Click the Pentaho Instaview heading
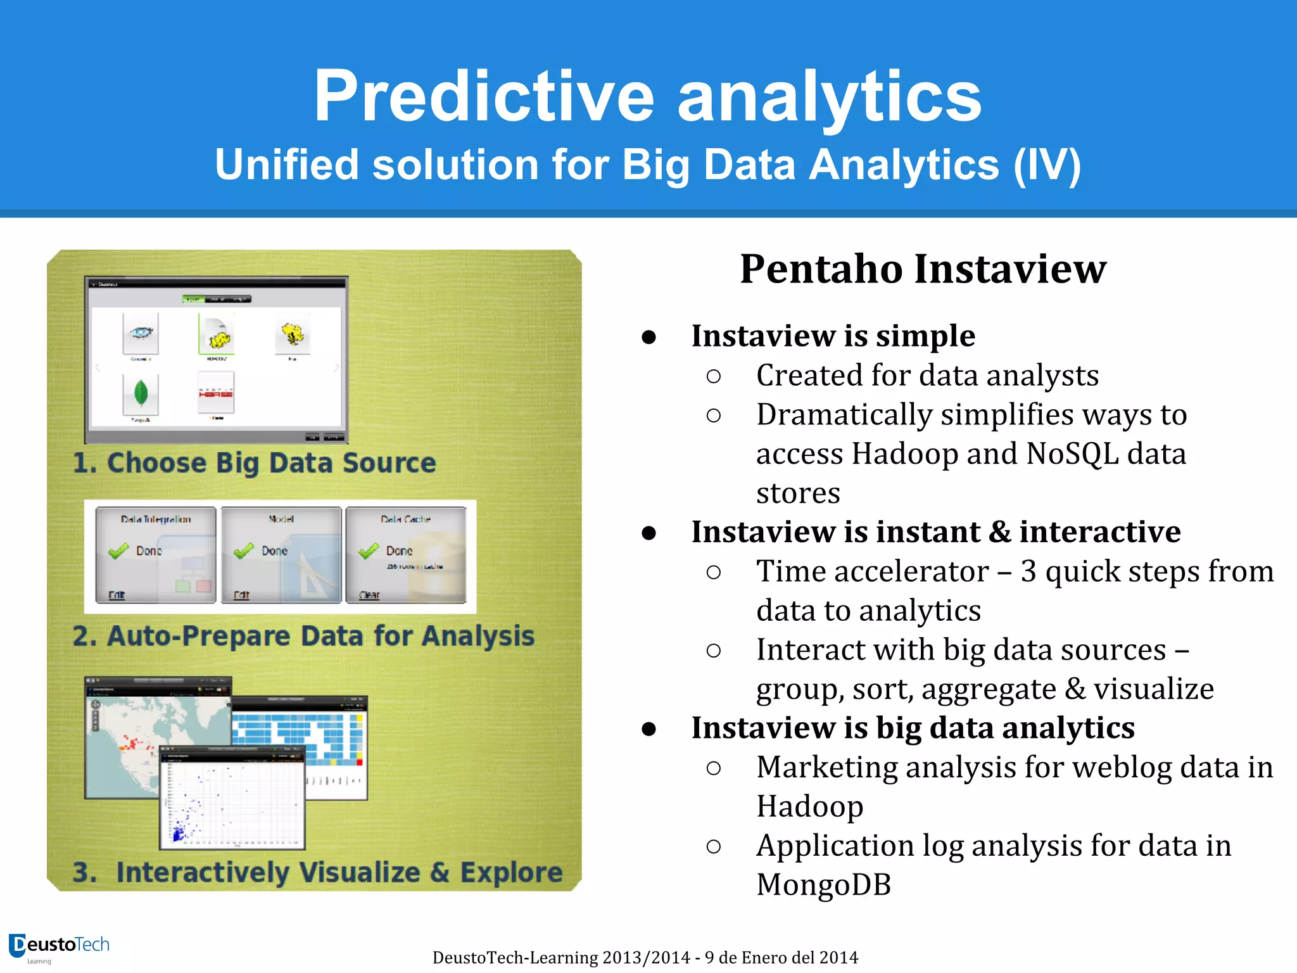click(923, 269)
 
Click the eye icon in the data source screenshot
click(141, 333)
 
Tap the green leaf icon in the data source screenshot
click(141, 393)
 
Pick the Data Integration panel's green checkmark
click(118, 551)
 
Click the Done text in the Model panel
click(274, 551)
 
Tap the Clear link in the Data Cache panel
click(369, 595)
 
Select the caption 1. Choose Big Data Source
click(255, 463)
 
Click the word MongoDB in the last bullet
click(823, 885)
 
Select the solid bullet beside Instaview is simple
click(648, 337)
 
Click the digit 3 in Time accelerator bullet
click(1028, 571)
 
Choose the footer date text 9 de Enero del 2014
click(781, 957)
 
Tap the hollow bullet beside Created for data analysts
click(713, 376)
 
